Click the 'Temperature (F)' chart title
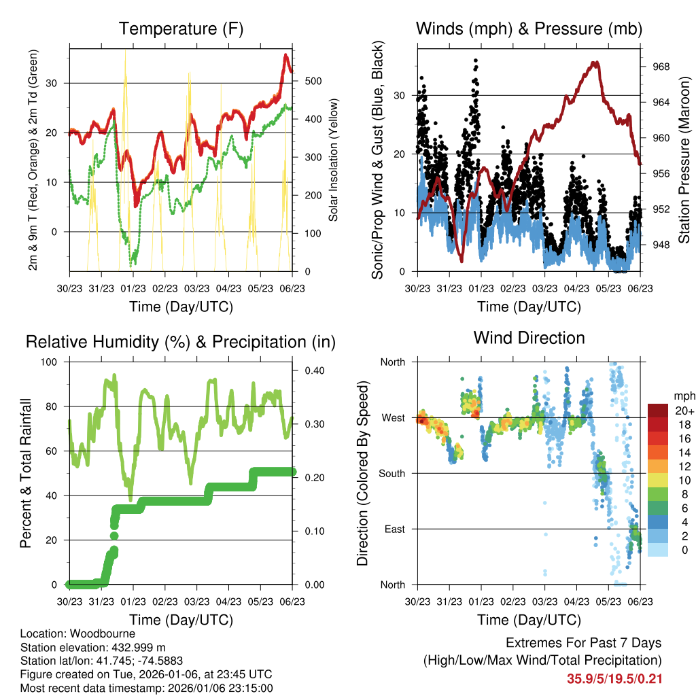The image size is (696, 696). click(x=181, y=29)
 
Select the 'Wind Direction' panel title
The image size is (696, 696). click(x=529, y=338)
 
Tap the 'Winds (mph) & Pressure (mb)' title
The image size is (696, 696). click(x=529, y=29)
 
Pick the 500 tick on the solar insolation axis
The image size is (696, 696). click(x=312, y=81)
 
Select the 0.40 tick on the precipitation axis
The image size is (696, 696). click(x=312, y=370)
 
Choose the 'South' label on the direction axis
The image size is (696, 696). click(x=391, y=474)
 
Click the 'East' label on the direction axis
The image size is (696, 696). click(x=394, y=529)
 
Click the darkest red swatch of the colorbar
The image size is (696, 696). click(x=657, y=411)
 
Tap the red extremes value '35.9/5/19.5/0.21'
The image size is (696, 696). click(x=614, y=678)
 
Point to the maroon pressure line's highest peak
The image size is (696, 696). click(x=595, y=62)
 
